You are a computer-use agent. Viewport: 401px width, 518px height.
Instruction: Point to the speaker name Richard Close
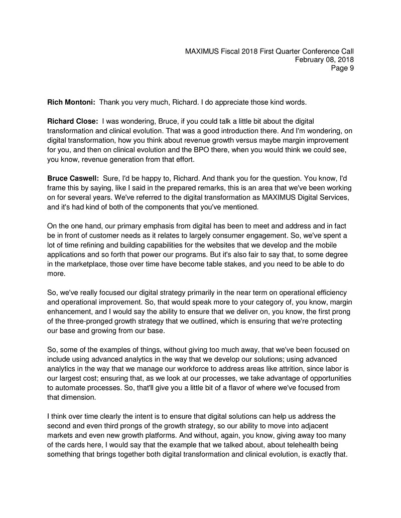pyautogui.click(x=73, y=121)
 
